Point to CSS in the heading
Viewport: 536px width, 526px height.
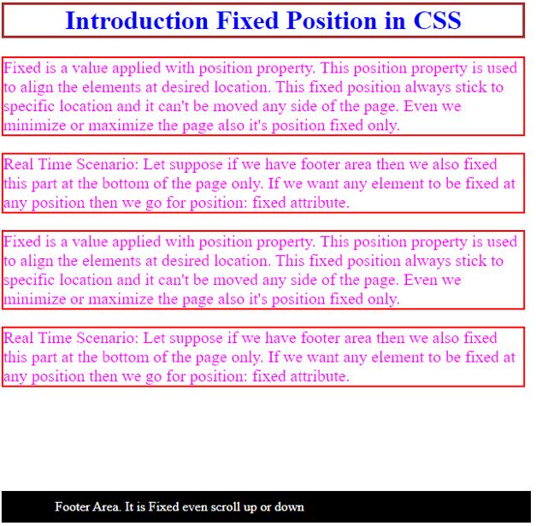[436, 21]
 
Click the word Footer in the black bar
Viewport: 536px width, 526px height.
[73, 506]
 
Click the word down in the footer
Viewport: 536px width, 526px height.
[289, 506]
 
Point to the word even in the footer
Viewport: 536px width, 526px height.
[195, 506]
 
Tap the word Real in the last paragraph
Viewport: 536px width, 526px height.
[20, 338]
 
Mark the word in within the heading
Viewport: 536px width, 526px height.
[394, 21]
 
